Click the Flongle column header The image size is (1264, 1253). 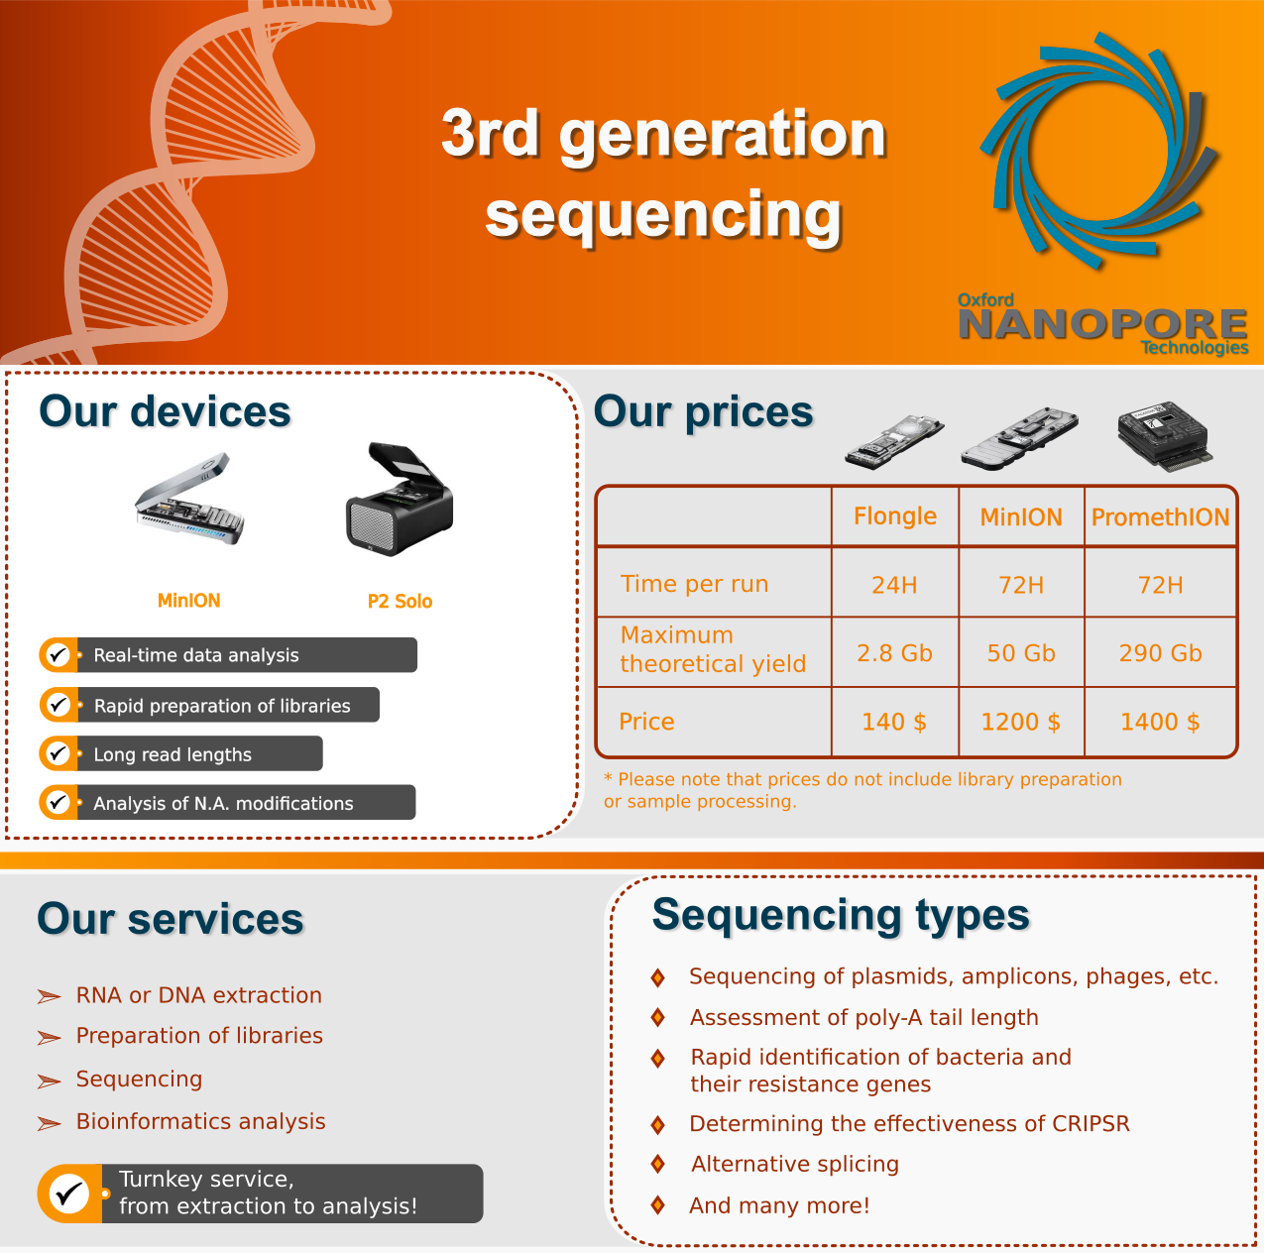tap(894, 516)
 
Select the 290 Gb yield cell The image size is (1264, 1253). tap(1160, 652)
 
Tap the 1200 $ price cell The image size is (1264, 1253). tap(1021, 722)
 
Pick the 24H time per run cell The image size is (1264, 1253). tap(894, 585)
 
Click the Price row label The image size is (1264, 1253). tap(646, 722)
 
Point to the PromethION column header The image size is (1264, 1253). tap(1160, 517)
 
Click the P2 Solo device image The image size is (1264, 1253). tap(400, 499)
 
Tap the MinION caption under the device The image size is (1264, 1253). tap(189, 601)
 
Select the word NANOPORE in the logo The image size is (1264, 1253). tap(1102, 325)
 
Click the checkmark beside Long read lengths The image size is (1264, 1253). tap(58, 753)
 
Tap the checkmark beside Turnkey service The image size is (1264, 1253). tap(69, 1194)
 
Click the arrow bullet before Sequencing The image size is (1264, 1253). tap(50, 1081)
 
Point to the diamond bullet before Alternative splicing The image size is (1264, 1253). tap(658, 1165)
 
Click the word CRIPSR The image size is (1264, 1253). tap(1091, 1124)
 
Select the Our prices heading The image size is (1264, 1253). tap(703, 412)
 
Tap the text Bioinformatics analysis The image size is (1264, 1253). tap(200, 1122)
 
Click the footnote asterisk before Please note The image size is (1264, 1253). tap(608, 778)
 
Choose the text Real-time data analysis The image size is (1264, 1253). tap(196, 654)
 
